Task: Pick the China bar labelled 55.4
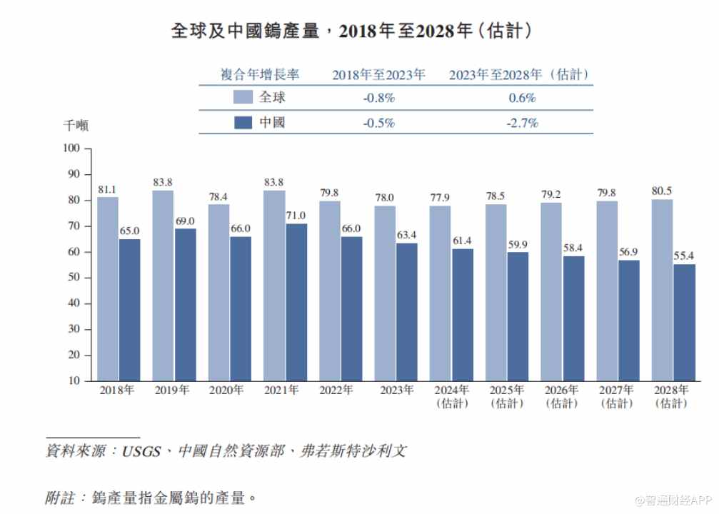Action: [684, 322]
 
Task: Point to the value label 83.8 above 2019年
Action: [164, 183]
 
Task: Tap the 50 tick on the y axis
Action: [74, 278]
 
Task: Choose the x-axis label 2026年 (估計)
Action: [561, 396]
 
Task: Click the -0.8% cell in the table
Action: [379, 98]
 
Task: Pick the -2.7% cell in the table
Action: [522, 123]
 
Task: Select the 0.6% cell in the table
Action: [522, 98]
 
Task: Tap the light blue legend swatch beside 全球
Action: [243, 98]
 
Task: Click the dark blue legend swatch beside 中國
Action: [243, 123]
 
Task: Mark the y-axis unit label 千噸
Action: [76, 126]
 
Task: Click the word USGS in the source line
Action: [142, 451]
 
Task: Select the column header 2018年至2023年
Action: [379, 74]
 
